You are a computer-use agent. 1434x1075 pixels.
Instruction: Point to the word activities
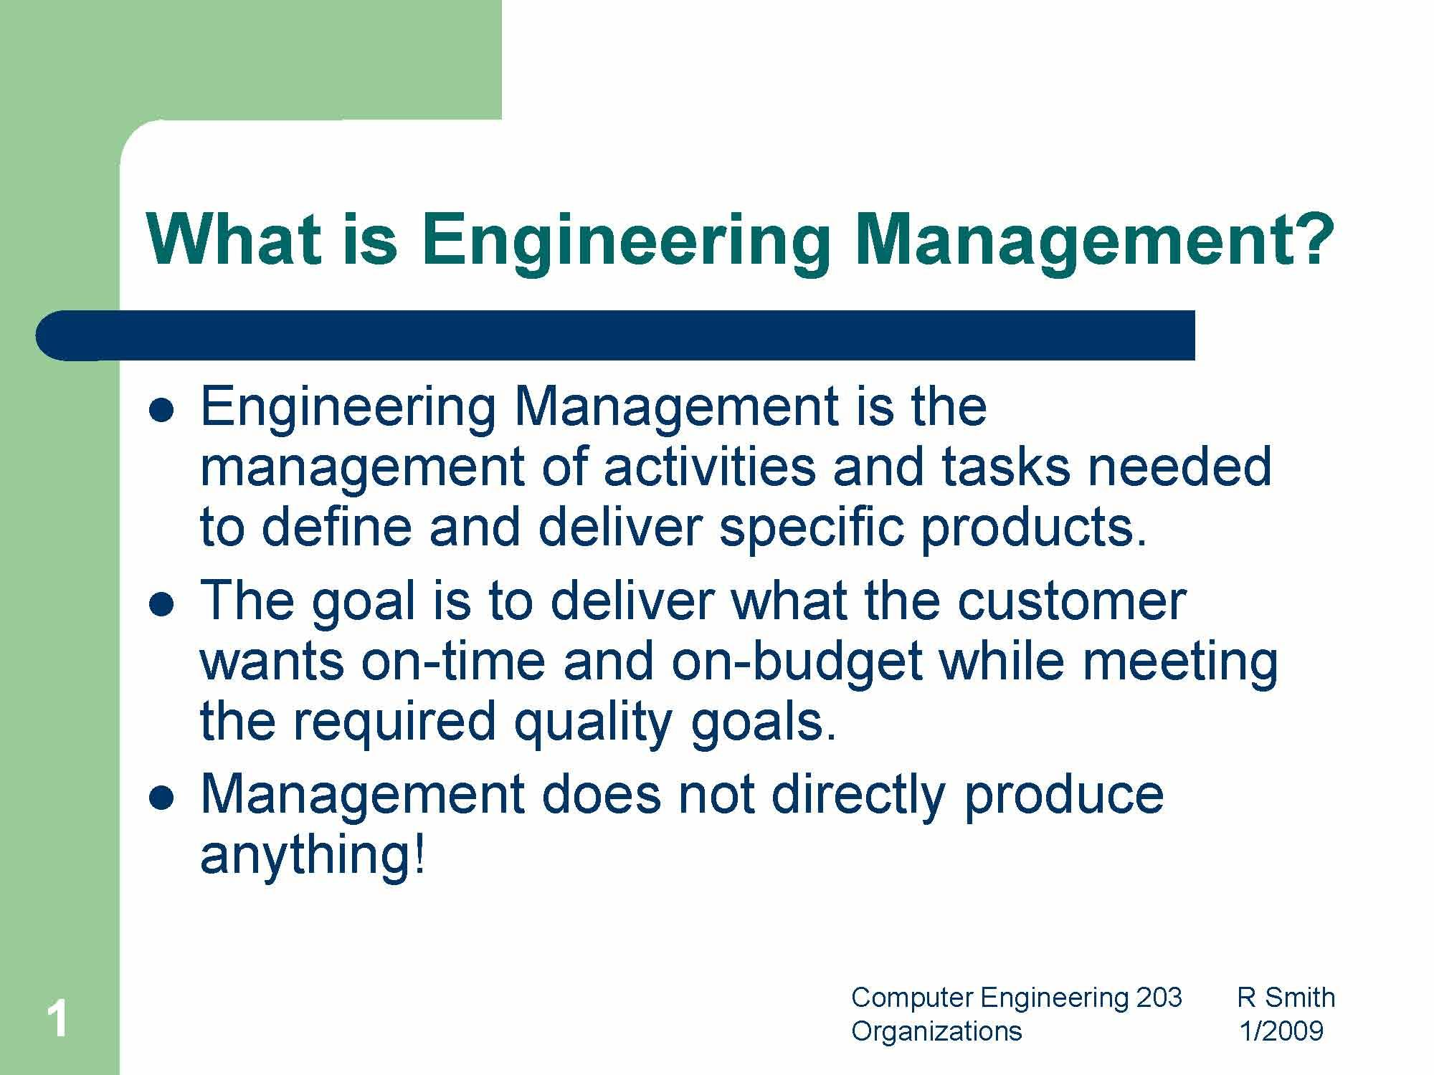coord(709,467)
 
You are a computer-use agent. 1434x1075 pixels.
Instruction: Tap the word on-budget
coord(797,661)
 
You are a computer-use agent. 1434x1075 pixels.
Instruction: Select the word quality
coord(593,722)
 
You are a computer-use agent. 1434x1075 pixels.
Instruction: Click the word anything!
coord(313,854)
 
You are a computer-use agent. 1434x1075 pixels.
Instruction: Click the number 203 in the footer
coord(1159,998)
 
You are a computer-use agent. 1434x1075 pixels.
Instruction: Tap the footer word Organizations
coord(936,1031)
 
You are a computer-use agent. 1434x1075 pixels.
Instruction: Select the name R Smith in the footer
coord(1286,998)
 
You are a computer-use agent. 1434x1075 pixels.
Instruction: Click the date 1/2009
coord(1281,1031)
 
